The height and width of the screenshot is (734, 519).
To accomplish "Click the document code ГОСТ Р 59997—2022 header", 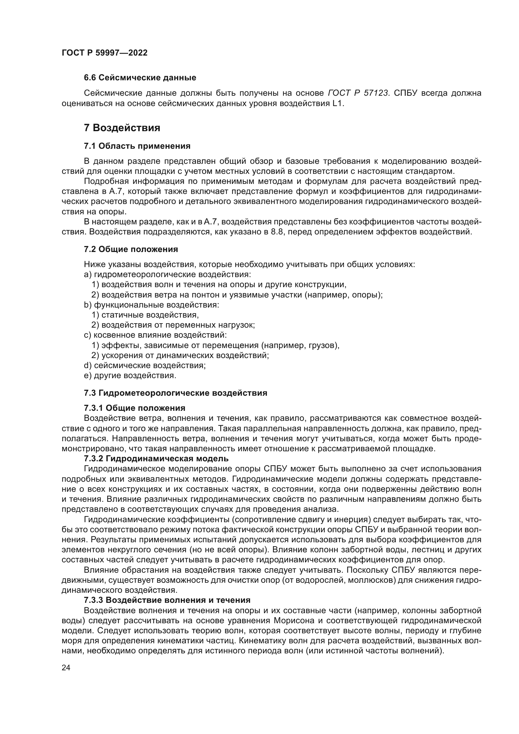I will point(104,53).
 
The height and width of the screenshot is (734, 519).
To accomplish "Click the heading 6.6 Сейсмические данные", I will point(140,78).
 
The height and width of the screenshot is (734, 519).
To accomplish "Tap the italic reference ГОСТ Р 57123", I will point(358,93).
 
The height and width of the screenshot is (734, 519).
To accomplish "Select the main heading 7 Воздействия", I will point(122,128).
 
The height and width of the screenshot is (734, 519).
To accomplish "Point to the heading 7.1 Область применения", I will point(137,146).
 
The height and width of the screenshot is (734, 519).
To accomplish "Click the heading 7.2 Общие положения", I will point(131,249).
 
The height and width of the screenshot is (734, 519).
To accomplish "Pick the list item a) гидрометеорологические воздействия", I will point(168,274).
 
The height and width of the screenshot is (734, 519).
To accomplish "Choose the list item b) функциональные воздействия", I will point(152,305).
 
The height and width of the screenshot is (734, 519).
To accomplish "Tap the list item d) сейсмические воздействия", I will point(145,365).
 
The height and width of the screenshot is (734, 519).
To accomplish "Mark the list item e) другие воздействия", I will point(130,375).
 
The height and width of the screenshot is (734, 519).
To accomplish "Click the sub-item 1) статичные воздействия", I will point(145,315).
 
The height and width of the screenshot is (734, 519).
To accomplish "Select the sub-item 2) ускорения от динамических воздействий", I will point(180,355).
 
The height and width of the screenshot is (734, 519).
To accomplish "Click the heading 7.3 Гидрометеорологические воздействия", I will point(175,393).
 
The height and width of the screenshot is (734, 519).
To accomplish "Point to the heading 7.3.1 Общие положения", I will point(135,408).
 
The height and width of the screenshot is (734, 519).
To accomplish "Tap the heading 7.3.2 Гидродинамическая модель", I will point(156,459).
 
